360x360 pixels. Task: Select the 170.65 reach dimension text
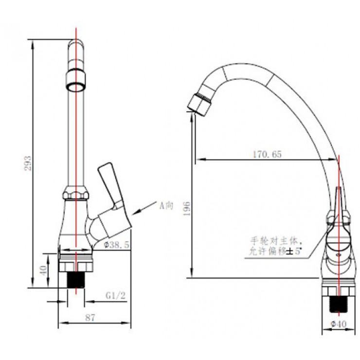coord(267,155)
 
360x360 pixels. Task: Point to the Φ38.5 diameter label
coord(116,246)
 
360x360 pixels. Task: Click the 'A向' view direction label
coord(166,205)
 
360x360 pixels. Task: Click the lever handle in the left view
coord(109,185)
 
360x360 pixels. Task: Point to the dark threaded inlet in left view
coord(75,282)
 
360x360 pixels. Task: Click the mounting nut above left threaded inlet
coord(75,263)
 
